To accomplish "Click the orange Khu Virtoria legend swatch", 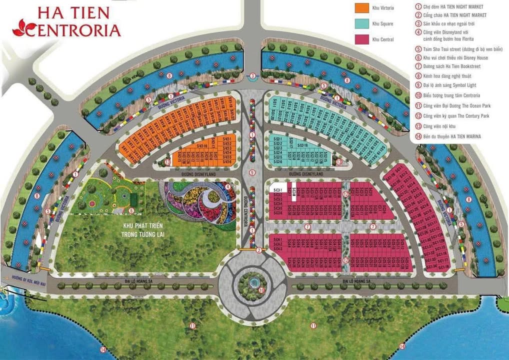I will [x=361, y=8].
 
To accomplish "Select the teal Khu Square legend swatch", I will [x=361, y=23].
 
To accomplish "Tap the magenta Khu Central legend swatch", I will [x=361, y=39].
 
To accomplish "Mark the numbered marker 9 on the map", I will [x=252, y=172].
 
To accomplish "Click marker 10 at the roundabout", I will [x=261, y=290].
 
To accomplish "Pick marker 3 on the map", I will [x=253, y=76].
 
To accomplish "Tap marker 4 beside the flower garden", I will [x=227, y=187].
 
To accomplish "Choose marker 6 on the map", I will [x=131, y=210].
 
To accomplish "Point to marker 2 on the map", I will [x=259, y=250].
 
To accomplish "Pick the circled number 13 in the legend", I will [x=418, y=126].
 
